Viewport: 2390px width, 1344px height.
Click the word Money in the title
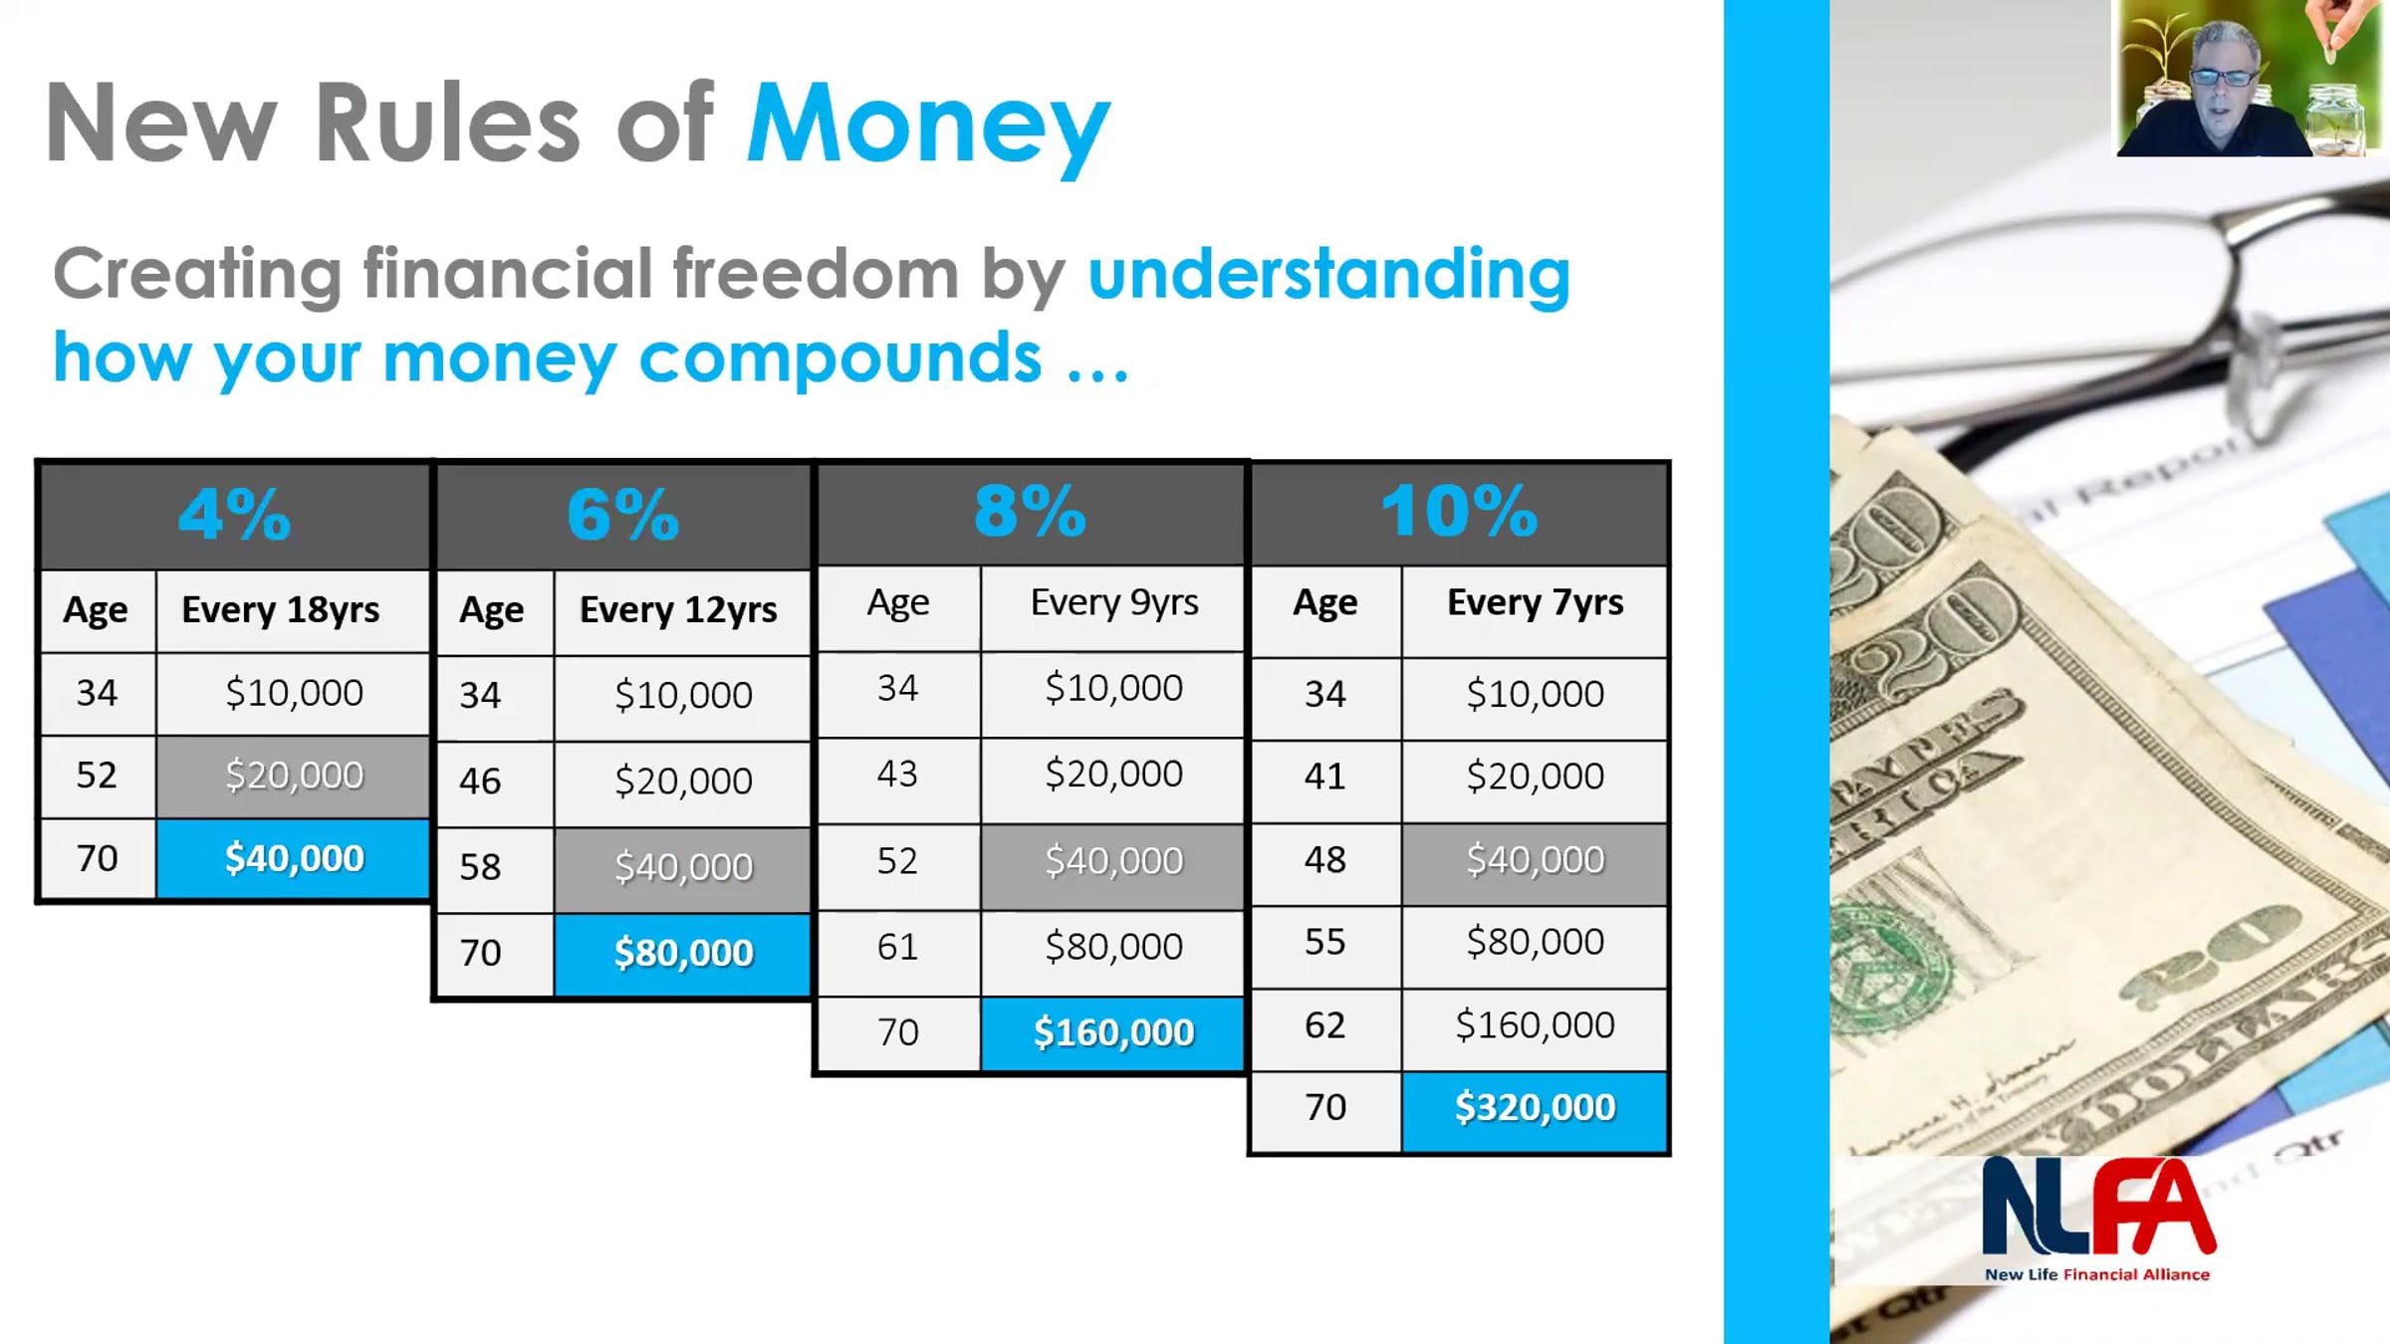coord(928,125)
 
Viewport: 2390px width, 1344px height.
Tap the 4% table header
coord(235,515)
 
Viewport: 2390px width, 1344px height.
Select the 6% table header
coord(623,515)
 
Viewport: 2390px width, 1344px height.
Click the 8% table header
coord(1030,512)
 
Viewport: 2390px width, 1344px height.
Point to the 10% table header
coord(1459,512)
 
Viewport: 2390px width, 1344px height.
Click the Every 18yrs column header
coord(281,609)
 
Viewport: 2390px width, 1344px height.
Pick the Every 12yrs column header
coord(678,609)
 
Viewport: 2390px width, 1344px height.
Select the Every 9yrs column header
coord(1114,602)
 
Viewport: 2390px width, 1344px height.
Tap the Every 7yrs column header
coord(1535,602)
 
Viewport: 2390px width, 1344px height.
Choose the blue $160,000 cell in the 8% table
coord(1113,1033)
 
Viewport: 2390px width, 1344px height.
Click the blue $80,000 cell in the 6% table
coord(683,954)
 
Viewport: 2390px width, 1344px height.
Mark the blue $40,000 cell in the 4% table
coord(294,858)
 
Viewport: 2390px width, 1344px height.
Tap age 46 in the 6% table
coord(480,782)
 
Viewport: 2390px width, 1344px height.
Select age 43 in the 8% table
coord(897,774)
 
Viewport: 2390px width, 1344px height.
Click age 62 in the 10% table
coord(1324,1025)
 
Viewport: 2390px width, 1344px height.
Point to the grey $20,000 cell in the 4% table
coord(294,777)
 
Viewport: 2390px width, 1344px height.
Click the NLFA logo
coord(2098,1219)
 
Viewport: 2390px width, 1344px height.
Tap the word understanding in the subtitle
coord(1329,274)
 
